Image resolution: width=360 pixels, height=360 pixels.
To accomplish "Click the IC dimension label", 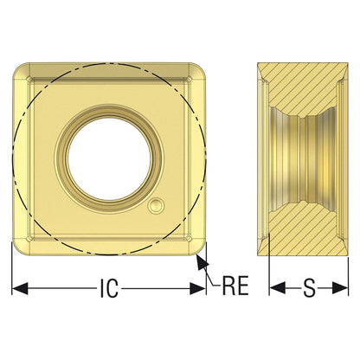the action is pyautogui.click(x=109, y=288).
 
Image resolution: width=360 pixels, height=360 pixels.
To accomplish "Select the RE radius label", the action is pyautogui.click(x=235, y=286).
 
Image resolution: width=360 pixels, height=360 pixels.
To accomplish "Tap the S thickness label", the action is pyautogui.click(x=309, y=288).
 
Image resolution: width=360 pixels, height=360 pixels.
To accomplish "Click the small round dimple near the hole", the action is pyautogui.click(x=156, y=206).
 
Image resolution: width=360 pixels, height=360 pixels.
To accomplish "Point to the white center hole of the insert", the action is pyautogui.click(x=109, y=159).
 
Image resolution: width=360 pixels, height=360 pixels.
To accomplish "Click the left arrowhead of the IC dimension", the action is pyautogui.click(x=20, y=288).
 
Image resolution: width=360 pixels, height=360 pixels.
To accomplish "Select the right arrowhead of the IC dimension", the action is pyautogui.click(x=197, y=288).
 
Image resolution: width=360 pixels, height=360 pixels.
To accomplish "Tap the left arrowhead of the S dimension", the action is pyautogui.click(x=278, y=288).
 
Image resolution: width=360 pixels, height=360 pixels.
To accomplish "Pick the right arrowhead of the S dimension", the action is pyautogui.click(x=340, y=288).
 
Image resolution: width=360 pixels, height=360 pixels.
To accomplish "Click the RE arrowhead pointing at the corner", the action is pyautogui.click(x=202, y=262).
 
